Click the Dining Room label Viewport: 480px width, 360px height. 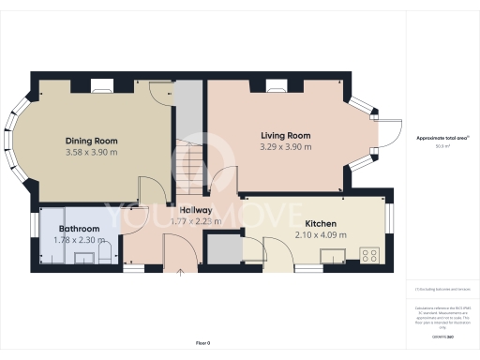click(91, 141)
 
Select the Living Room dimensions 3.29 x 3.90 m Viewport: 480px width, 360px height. click(286, 147)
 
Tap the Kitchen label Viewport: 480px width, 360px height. click(321, 224)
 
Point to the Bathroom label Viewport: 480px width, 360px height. click(79, 229)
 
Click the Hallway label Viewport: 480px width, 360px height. click(190, 210)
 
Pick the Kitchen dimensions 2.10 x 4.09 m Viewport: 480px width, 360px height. click(321, 235)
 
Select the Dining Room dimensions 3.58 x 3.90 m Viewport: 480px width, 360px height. click(91, 152)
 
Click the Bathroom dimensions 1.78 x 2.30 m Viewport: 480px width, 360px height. click(79, 240)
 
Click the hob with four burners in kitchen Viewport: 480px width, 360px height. click(368, 254)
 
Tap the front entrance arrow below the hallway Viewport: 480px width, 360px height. click(180, 273)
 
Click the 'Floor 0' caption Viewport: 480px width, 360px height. click(202, 343)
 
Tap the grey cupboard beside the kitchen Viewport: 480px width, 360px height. click(222, 250)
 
